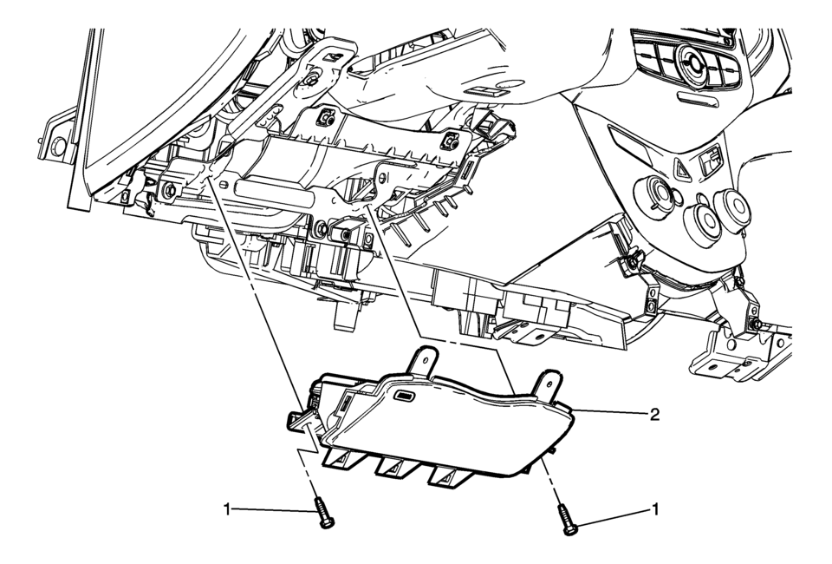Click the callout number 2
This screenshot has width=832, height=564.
point(655,414)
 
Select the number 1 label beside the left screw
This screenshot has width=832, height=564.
point(227,510)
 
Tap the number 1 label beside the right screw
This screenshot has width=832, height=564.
point(655,510)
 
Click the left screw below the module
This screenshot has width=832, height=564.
point(324,513)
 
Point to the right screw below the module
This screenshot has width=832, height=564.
point(566,520)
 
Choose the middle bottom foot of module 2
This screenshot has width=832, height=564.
point(395,465)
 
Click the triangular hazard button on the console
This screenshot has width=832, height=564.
point(682,168)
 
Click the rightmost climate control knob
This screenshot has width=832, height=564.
point(732,209)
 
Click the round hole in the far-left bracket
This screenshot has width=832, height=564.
point(58,146)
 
